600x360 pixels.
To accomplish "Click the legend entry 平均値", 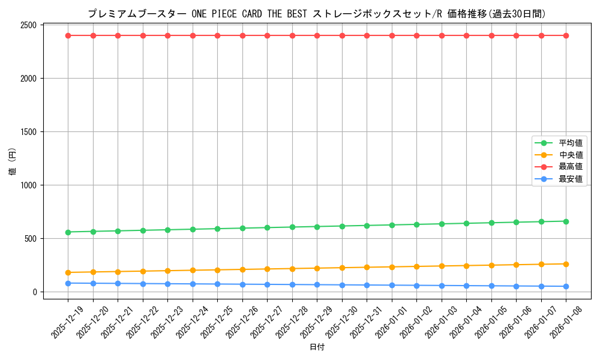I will point(571,143).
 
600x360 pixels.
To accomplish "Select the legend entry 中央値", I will point(571,155).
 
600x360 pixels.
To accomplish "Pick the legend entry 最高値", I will point(571,167).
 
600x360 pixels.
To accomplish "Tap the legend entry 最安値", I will point(571,179).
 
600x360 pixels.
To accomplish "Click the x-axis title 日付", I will point(317,347).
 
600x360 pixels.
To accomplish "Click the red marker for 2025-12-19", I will point(68,35).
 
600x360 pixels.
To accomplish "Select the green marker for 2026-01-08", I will point(566,221).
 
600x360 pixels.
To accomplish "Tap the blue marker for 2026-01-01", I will point(392,285).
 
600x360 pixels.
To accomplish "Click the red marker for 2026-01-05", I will point(491,35).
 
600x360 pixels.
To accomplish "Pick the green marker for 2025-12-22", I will point(143,230).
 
